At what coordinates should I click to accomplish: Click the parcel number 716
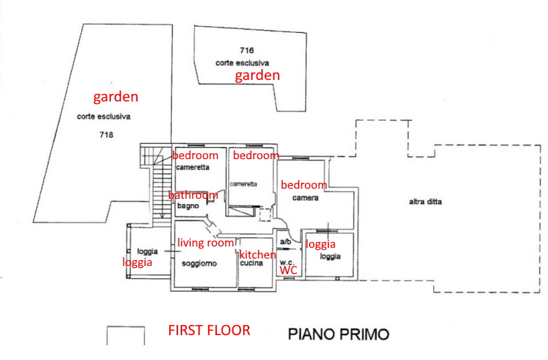[246, 50]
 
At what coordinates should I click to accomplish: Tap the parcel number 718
[106, 134]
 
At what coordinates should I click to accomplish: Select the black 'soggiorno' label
[199, 263]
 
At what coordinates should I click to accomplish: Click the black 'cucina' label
[252, 263]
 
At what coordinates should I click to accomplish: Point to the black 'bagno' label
[188, 206]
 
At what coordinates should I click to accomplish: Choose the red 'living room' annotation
[205, 242]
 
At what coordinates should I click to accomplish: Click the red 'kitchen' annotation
[258, 255]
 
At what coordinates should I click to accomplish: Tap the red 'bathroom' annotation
[193, 195]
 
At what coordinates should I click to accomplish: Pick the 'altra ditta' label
[425, 201]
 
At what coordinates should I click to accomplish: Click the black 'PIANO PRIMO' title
[338, 334]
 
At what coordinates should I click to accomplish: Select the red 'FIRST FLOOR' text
[209, 330]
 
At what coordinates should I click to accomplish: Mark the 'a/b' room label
[285, 242]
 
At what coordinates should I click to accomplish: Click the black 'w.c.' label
[287, 262]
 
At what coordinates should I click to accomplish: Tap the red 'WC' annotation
[288, 270]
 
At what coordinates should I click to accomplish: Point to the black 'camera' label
[306, 198]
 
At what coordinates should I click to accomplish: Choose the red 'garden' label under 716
[257, 75]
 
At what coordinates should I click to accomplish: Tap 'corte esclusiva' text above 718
[104, 116]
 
